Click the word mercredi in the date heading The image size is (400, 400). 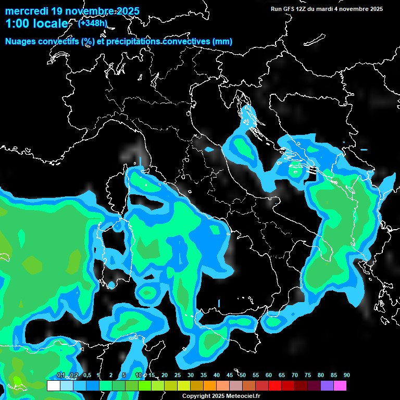pyautogui.click(x=26, y=11)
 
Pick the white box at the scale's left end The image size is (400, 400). pyautogui.click(x=53, y=385)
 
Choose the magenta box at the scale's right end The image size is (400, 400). pyautogui.click(x=340, y=385)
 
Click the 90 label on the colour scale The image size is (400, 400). pyautogui.click(x=347, y=376)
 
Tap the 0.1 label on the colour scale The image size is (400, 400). pyautogui.click(x=61, y=376)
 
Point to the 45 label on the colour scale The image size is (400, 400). pyautogui.click(x=230, y=376)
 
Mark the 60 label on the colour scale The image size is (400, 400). pyautogui.click(x=269, y=376)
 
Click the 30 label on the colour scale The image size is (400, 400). pyautogui.click(x=191, y=376)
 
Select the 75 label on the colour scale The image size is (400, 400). pyautogui.click(x=308, y=376)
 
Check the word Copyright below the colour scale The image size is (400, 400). pyautogui.click(x=196, y=396)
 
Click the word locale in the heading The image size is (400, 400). pyautogui.click(x=49, y=24)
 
